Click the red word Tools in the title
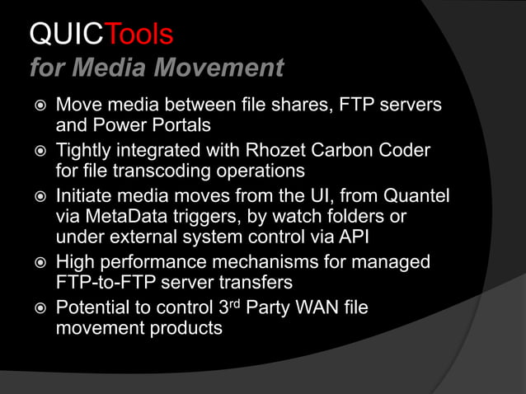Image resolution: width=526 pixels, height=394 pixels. (141, 35)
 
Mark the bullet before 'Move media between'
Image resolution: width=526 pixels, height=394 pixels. (36, 107)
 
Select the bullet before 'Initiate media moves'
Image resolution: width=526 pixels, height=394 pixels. (36, 198)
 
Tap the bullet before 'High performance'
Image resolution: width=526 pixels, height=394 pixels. (36, 264)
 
